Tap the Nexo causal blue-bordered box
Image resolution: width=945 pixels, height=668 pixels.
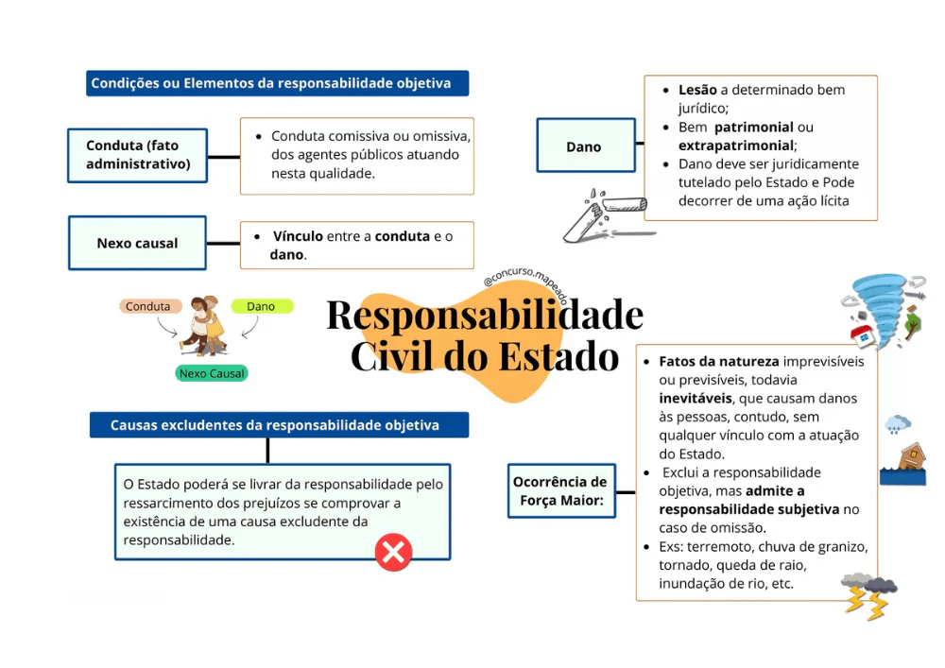click(x=137, y=243)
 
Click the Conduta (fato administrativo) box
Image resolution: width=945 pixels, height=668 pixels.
click(x=137, y=155)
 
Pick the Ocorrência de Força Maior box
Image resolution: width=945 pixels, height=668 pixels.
click(x=561, y=491)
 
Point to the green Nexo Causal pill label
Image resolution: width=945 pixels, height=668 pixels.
click(x=212, y=373)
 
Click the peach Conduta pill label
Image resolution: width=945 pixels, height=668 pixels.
click(x=148, y=306)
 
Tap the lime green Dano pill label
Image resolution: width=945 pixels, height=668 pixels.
click(x=261, y=306)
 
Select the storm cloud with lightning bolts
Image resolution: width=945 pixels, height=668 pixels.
click(x=868, y=594)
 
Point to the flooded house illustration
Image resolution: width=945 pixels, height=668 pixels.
click(x=902, y=464)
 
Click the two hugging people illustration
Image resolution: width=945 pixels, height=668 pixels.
click(x=204, y=325)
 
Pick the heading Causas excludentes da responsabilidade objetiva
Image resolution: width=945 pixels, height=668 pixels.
click(x=274, y=425)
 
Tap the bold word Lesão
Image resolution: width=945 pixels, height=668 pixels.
click(x=697, y=90)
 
